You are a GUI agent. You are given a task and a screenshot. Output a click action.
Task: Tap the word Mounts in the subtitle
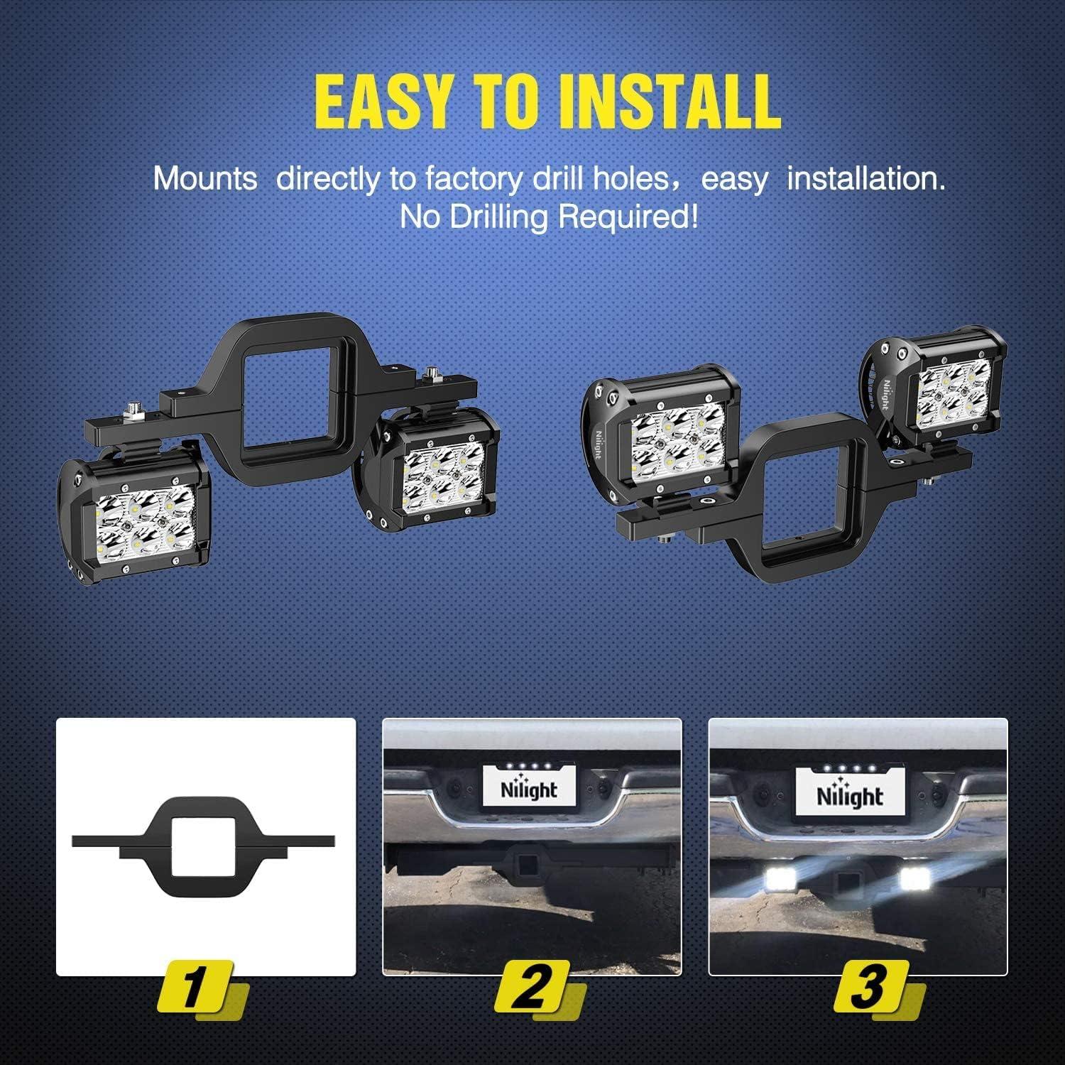click(205, 178)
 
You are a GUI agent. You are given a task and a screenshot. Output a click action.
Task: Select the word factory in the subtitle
click(474, 178)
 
